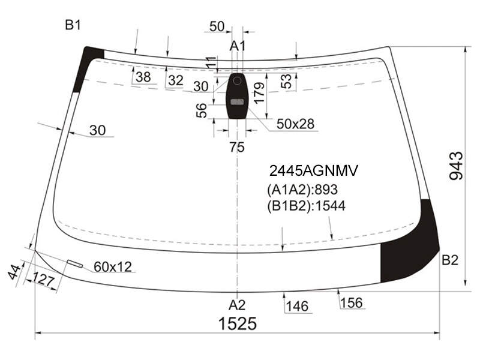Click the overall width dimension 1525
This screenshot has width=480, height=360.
click(x=237, y=323)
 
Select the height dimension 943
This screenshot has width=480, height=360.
click(x=456, y=166)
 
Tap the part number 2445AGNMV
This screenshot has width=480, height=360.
click(x=313, y=171)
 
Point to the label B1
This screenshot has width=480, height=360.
click(x=73, y=25)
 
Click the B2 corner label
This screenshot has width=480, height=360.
click(x=450, y=260)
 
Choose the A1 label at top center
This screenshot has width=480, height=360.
click(x=238, y=46)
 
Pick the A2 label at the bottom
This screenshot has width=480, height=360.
click(x=237, y=305)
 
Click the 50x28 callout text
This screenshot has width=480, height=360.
click(x=295, y=124)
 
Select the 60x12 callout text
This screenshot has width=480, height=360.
click(x=113, y=267)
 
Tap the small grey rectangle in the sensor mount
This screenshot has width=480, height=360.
click(x=236, y=102)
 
